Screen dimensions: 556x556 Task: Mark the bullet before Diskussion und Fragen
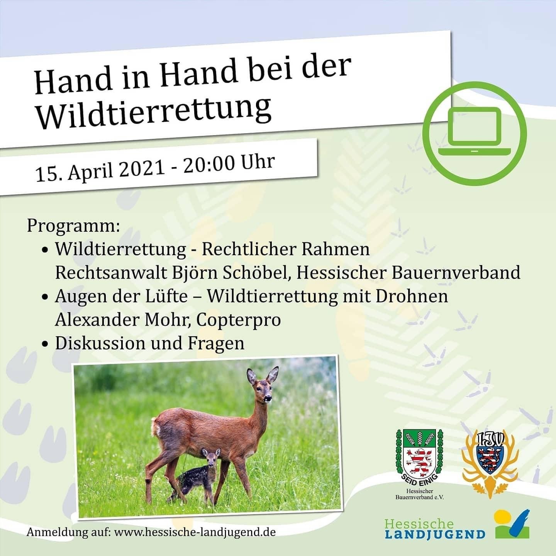click(44, 344)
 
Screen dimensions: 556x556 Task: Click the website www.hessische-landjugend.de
click(195, 532)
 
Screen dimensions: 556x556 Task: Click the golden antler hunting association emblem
click(490, 463)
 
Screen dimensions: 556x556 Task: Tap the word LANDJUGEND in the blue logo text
click(435, 535)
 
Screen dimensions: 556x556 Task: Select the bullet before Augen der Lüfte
click(44, 297)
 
